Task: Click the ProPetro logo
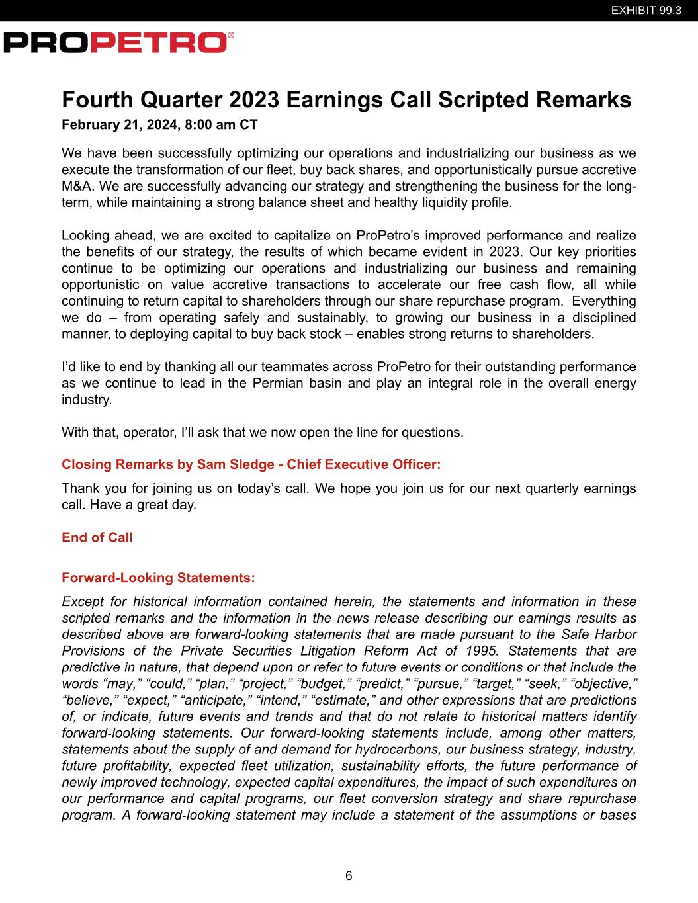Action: (118, 42)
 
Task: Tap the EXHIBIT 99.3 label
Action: (646, 11)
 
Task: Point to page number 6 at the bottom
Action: (349, 876)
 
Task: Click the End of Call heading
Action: (97, 537)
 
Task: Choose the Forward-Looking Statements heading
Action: (158, 578)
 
